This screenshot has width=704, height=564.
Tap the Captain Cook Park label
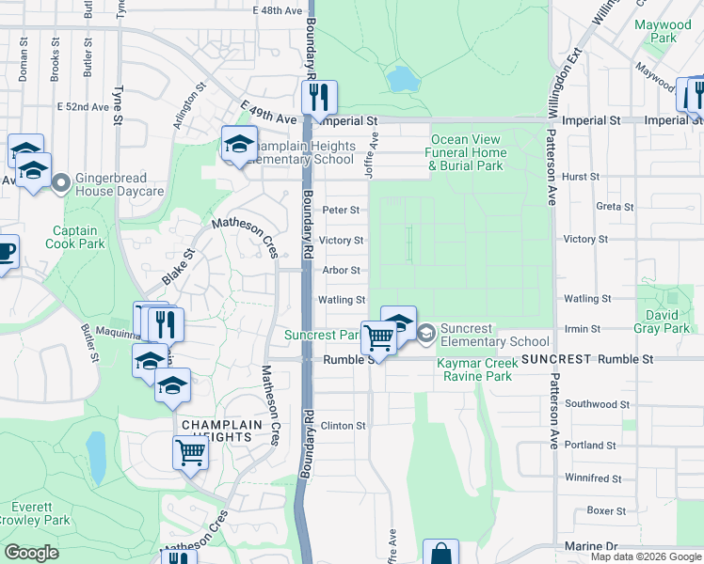(x=74, y=237)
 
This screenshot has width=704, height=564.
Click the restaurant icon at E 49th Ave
(x=319, y=97)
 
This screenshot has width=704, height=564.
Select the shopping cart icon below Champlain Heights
(x=191, y=453)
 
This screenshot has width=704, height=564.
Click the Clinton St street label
(x=343, y=426)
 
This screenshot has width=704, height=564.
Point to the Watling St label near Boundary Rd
(x=341, y=300)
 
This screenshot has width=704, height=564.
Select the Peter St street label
(x=341, y=211)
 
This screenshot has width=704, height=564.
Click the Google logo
(x=31, y=553)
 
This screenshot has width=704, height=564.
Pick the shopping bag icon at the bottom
(x=440, y=554)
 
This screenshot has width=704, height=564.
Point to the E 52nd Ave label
(x=84, y=107)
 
